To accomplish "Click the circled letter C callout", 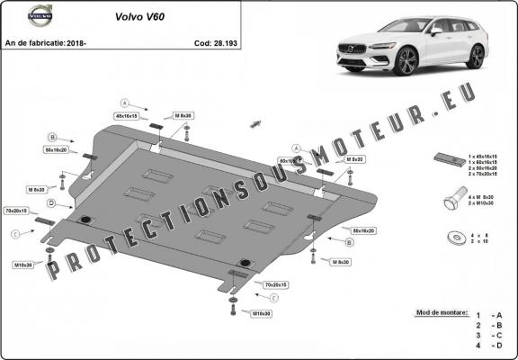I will (x=15, y=235).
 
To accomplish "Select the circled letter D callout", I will (x=52, y=204).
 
